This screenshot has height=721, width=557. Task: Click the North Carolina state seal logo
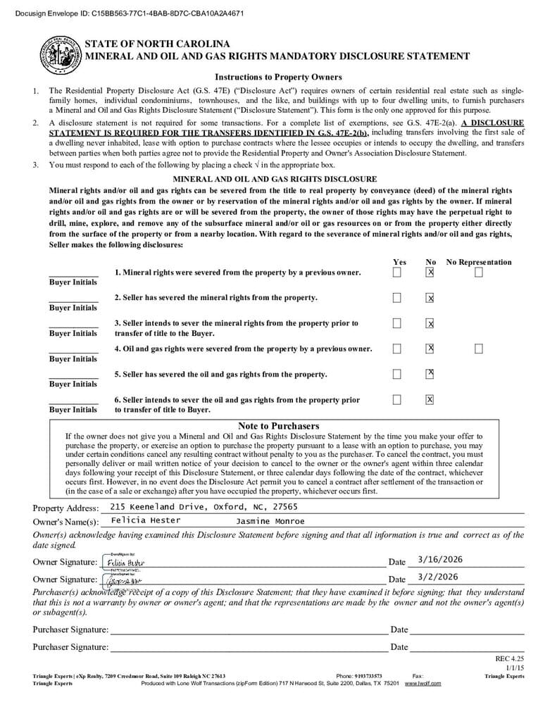tap(60, 55)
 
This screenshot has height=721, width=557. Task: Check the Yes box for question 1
tap(397, 272)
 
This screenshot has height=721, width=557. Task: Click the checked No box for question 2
tap(430, 298)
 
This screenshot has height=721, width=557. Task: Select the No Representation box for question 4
tap(479, 349)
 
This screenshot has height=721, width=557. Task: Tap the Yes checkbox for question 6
tap(397, 399)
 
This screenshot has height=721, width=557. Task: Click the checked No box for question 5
tap(430, 373)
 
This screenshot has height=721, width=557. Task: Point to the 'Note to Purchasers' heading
tap(278, 426)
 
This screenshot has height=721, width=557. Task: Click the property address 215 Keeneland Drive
tap(204, 507)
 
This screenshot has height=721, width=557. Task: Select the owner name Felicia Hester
tap(146, 520)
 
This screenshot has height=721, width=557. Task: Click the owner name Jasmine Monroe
tap(270, 521)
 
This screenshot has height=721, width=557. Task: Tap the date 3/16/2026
tap(440, 560)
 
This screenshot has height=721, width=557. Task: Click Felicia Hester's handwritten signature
tap(125, 563)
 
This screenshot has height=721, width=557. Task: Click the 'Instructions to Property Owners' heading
tap(278, 77)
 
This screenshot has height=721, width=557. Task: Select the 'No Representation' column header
tap(479, 262)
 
